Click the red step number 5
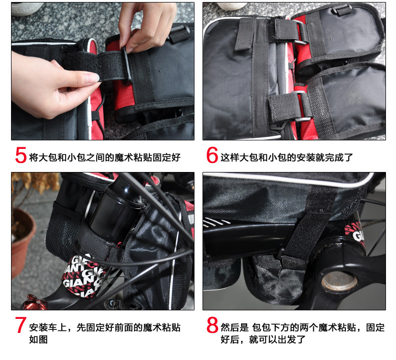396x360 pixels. tap(21, 155)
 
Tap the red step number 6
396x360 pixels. tap(212, 155)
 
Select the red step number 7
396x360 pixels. tap(21, 325)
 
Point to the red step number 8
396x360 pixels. tap(213, 325)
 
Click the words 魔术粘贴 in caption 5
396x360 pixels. tap(133, 157)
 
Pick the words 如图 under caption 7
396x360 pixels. tap(39, 339)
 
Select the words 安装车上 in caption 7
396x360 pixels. tap(48, 327)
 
